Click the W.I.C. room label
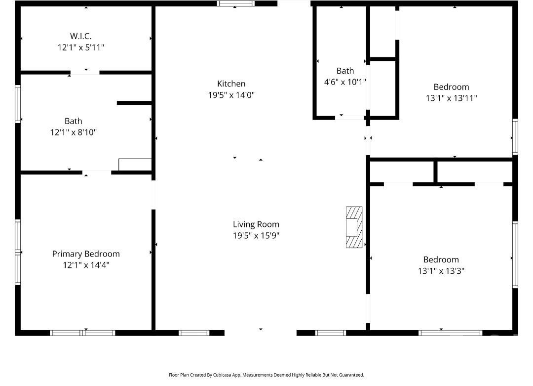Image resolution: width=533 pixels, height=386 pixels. click(80, 36)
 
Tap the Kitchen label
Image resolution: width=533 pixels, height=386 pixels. click(231, 84)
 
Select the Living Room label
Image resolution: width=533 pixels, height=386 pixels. click(256, 224)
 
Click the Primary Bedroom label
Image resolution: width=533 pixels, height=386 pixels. click(86, 254)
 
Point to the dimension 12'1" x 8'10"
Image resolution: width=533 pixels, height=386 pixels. click(73, 132)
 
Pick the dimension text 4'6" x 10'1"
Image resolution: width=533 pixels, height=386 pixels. click(345, 82)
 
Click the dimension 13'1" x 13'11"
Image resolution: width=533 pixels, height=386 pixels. click(451, 98)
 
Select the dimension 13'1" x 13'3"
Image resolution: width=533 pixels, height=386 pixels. click(441, 271)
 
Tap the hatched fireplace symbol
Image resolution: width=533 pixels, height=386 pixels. click(354, 227)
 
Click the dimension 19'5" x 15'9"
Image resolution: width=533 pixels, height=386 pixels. click(256, 236)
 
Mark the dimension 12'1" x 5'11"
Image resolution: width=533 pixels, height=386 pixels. click(80, 47)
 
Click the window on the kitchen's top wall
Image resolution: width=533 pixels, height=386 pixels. click(236, 3)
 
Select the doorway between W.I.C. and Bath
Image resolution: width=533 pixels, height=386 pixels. click(85, 73)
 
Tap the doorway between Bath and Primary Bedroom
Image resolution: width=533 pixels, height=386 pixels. click(97, 172)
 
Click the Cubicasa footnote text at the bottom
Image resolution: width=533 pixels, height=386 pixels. click(266, 375)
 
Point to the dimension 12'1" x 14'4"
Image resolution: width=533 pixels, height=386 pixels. click(86, 265)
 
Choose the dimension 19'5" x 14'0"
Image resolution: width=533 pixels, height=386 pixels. click(231, 95)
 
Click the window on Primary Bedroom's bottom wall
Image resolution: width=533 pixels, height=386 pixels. click(82, 333)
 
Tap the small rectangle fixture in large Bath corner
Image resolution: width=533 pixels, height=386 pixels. click(135, 165)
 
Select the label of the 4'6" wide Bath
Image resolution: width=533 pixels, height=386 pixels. click(345, 71)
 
